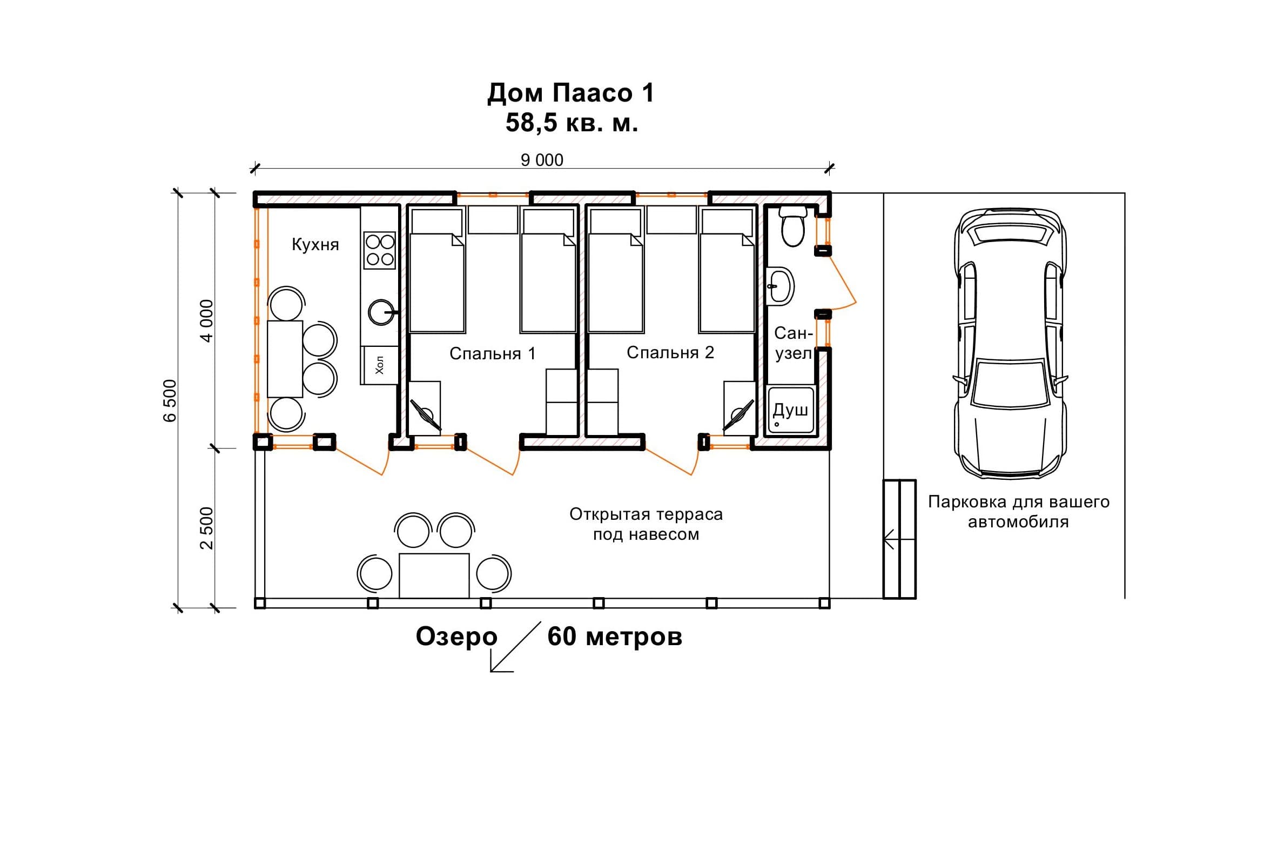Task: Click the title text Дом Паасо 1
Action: click(x=571, y=93)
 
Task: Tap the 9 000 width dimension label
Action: click(x=542, y=160)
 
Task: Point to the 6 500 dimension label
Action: click(x=170, y=400)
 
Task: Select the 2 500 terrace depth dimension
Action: click(x=206, y=528)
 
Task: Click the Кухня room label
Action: click(x=315, y=244)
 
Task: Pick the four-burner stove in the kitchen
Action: click(x=380, y=250)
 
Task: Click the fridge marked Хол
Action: click(x=380, y=365)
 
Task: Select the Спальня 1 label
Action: click(x=492, y=353)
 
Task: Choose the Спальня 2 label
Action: click(x=670, y=352)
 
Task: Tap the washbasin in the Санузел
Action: click(x=780, y=286)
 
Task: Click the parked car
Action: click(x=1010, y=344)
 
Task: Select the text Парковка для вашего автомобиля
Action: click(x=1019, y=512)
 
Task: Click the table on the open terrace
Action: click(x=434, y=575)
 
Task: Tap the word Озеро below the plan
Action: click(x=456, y=637)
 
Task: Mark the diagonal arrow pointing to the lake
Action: click(x=515, y=647)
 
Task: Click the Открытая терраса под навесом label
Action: click(x=646, y=524)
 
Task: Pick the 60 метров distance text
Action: click(x=615, y=637)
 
